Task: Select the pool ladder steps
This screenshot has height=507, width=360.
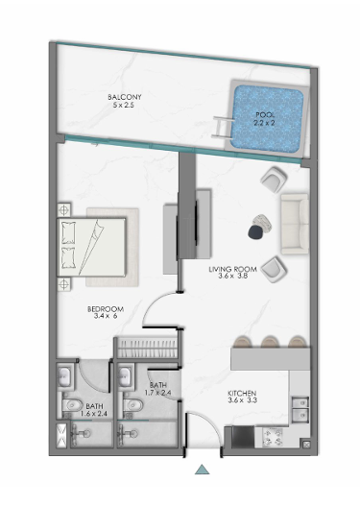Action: tap(223, 128)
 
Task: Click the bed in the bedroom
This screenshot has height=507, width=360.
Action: tap(91, 248)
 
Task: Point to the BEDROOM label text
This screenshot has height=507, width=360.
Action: tap(106, 309)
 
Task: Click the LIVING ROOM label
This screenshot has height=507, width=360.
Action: tap(232, 269)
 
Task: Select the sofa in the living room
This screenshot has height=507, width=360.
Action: tap(295, 225)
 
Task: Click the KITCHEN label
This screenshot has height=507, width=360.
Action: tap(242, 393)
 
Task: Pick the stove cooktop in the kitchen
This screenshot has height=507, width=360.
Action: tap(273, 437)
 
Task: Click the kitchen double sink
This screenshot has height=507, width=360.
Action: tap(300, 410)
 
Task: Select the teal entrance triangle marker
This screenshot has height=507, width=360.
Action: tap(202, 470)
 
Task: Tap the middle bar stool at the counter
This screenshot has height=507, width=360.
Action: tap(270, 342)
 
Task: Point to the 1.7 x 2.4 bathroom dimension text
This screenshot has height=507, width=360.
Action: tap(158, 393)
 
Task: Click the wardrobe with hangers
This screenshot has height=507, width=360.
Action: tap(148, 348)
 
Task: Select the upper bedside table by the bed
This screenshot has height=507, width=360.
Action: tap(64, 210)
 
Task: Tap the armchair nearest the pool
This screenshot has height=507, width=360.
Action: tap(275, 180)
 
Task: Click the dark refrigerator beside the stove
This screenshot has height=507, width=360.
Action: tap(243, 437)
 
